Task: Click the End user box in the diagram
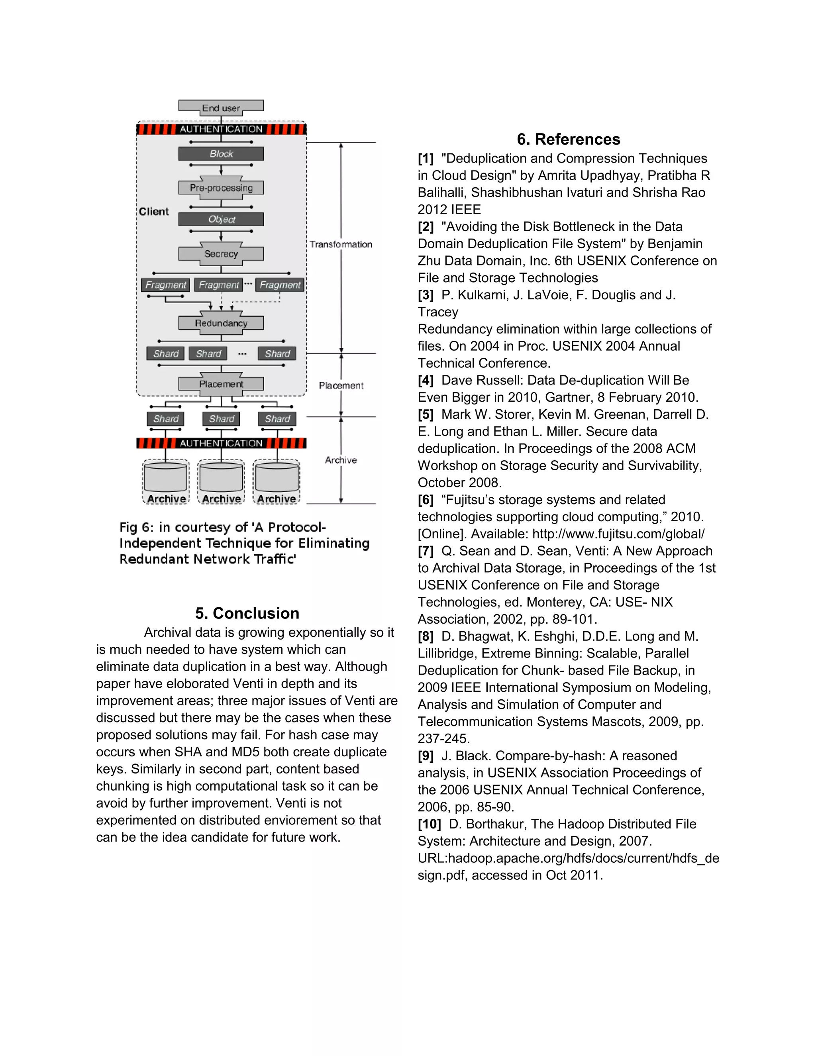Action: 221,107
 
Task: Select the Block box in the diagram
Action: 221,154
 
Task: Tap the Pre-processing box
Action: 221,188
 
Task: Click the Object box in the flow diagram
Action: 221,220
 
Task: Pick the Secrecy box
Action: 221,254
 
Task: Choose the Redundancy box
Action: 221,323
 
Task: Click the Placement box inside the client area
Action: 221,384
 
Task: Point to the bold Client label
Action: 154,211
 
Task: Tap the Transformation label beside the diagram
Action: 341,244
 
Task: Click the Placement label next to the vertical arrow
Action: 341,385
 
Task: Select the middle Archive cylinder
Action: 222,479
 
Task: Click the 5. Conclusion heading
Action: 247,613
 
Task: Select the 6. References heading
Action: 568,139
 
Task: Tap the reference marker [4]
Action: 426,381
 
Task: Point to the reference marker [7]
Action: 426,551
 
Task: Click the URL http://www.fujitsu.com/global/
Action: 618,534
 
